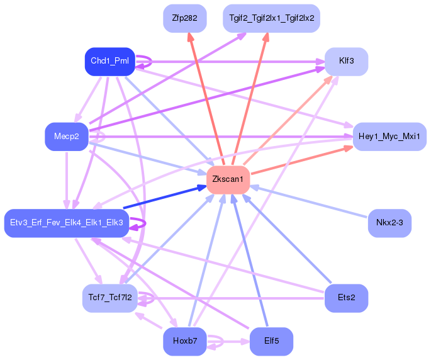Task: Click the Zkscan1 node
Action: click(x=228, y=180)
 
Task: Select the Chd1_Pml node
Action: click(x=110, y=62)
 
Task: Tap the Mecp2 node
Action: click(x=67, y=137)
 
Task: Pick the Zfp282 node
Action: click(x=185, y=18)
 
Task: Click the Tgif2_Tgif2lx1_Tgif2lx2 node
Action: click(x=271, y=18)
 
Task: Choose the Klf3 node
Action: click(x=346, y=62)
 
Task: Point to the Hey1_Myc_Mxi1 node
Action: click(x=389, y=137)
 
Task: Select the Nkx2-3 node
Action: click(x=389, y=223)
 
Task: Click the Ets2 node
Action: click(x=346, y=298)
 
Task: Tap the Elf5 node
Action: click(x=271, y=341)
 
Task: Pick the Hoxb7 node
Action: click(x=185, y=341)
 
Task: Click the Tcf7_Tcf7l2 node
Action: click(x=110, y=298)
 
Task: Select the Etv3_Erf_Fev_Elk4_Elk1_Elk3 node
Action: click(x=67, y=223)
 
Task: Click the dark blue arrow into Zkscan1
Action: click(x=165, y=197)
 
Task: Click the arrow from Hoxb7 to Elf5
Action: click(x=228, y=342)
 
